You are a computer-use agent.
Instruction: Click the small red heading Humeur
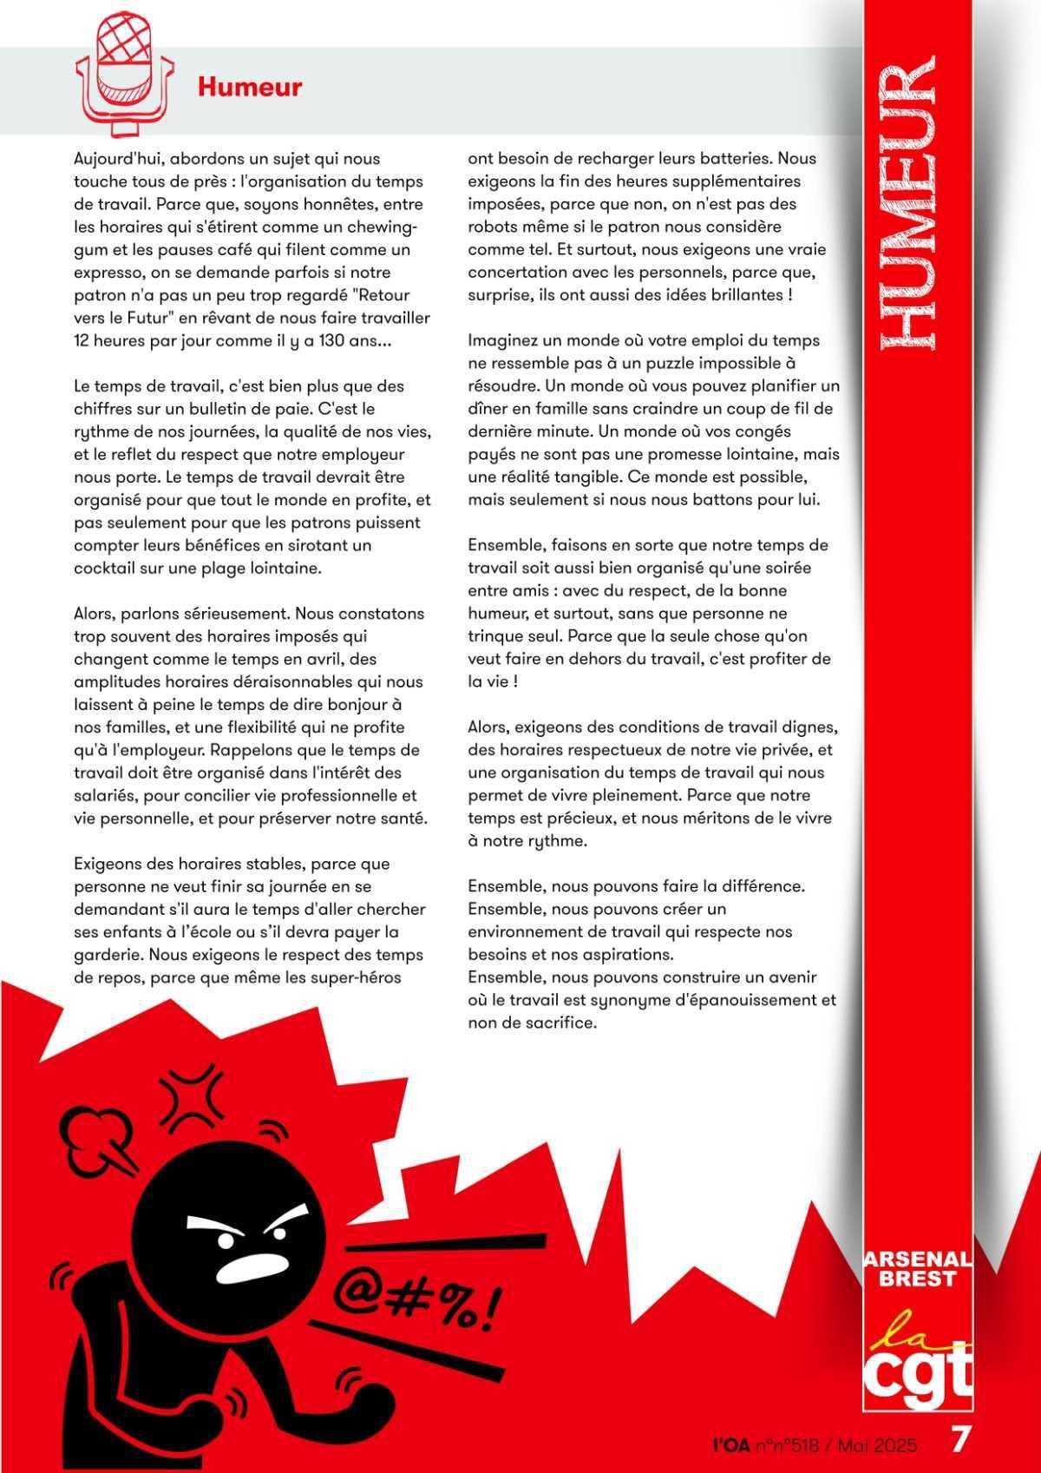click(x=249, y=87)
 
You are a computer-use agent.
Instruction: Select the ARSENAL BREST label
click(x=918, y=1269)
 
